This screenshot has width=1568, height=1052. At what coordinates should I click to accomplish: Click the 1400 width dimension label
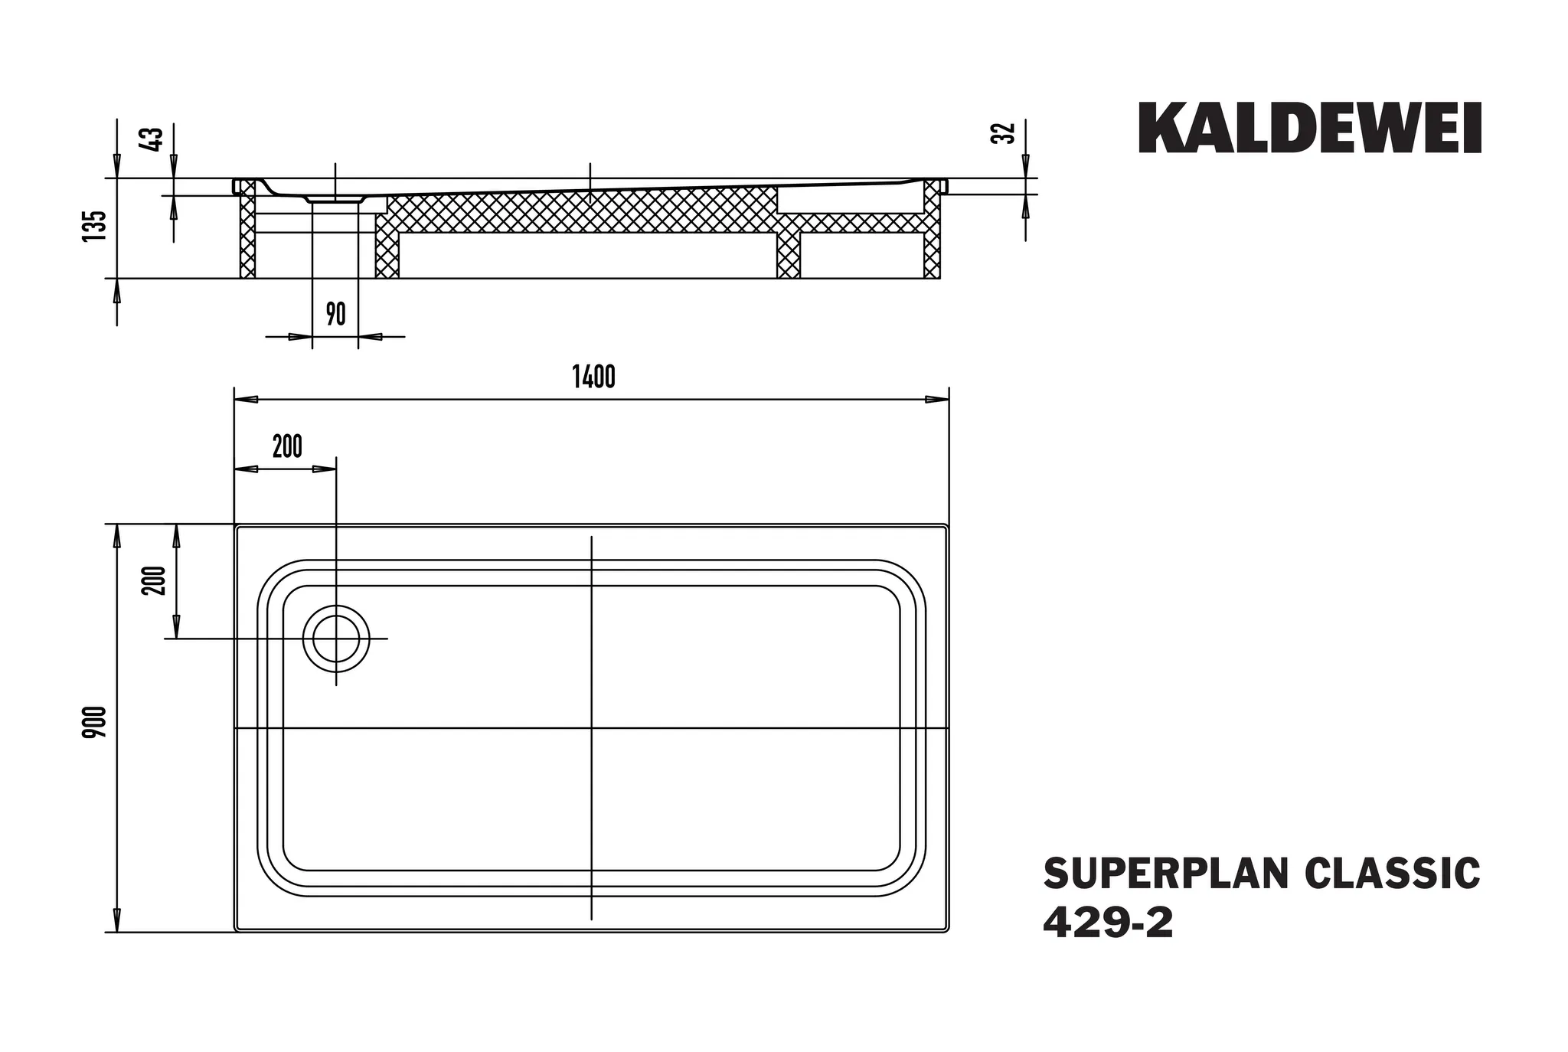[593, 377]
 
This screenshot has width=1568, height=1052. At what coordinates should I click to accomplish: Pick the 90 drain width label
[335, 314]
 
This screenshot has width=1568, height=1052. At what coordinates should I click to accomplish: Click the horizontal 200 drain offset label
[287, 446]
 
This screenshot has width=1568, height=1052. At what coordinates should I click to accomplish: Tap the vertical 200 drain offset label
[155, 580]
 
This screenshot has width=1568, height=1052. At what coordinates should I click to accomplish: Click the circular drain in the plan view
[335, 639]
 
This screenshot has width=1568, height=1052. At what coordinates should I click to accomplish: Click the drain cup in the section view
[335, 199]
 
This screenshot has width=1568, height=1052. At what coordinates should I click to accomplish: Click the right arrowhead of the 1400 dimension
[938, 400]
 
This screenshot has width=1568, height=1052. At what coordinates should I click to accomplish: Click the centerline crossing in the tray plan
[592, 728]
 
